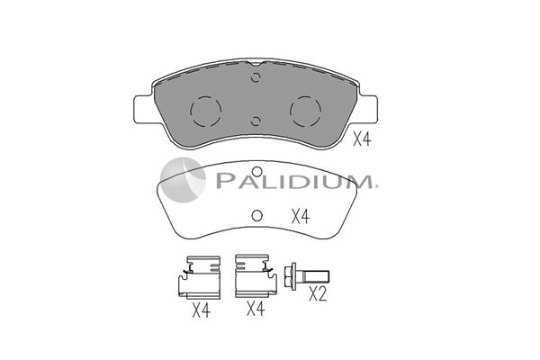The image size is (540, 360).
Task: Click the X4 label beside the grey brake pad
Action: click(x=362, y=139)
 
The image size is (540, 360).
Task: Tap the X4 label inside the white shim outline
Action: click(x=301, y=217)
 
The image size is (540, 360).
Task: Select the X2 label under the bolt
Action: click(x=318, y=294)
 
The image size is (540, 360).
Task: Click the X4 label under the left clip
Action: click(x=201, y=310)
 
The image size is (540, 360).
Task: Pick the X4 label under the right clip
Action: click(x=256, y=309)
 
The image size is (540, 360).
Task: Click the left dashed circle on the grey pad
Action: click(x=205, y=111)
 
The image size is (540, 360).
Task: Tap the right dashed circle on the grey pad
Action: click(x=305, y=111)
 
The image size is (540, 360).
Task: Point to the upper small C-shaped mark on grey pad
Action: click(x=256, y=78)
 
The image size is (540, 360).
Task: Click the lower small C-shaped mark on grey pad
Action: click(x=256, y=121)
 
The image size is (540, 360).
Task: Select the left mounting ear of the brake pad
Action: click(x=143, y=109)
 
